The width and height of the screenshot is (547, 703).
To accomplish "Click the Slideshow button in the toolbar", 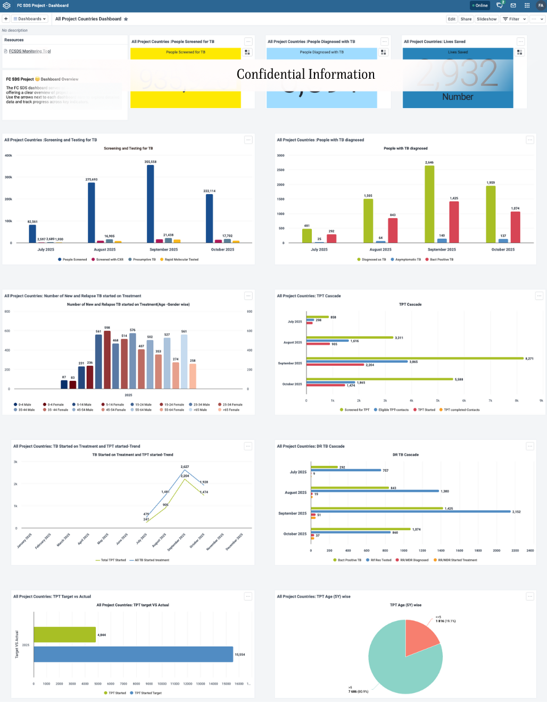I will (x=486, y=19).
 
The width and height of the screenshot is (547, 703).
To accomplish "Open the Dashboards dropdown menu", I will (x=30, y=19).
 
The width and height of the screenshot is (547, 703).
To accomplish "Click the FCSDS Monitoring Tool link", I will (x=30, y=52).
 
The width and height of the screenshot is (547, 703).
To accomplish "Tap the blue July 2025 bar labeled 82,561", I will (x=32, y=233).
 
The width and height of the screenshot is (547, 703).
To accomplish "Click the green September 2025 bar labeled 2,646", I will (x=429, y=204).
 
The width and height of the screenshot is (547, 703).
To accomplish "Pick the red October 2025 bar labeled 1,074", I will (x=515, y=227).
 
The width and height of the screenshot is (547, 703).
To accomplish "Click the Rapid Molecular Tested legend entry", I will (x=181, y=260).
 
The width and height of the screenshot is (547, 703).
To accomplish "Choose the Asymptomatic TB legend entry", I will (x=408, y=260).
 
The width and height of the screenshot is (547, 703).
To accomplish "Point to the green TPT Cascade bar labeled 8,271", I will (x=415, y=358).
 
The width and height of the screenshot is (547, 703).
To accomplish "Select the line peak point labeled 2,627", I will (x=185, y=470).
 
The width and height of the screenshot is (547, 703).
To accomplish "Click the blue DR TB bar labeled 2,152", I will (x=411, y=512).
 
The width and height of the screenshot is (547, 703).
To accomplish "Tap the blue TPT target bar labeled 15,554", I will (x=133, y=654).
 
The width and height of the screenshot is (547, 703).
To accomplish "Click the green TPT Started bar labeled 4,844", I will (x=64, y=634).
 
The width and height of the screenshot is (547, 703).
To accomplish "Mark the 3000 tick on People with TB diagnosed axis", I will (x=280, y=156).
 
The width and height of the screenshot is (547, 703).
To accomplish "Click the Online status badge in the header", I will (x=479, y=5).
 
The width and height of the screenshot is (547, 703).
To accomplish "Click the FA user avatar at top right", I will (x=541, y=5).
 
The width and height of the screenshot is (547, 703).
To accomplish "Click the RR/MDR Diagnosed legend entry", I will (x=414, y=560).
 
